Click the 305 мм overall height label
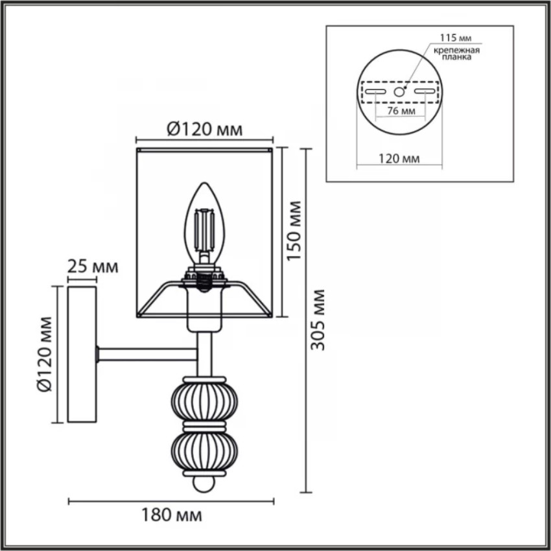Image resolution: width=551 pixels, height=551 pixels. tap(318, 320)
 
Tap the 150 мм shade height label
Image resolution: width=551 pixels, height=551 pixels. tap(294, 231)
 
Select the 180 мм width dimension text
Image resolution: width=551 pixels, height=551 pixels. tap(172, 515)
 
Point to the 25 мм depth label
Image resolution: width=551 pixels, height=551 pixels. tap(93, 266)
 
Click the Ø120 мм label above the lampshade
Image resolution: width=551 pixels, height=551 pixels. tap(204, 129)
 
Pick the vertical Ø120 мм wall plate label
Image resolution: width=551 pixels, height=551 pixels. tap(44, 354)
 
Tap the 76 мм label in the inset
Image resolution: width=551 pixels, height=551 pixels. tap(401, 111)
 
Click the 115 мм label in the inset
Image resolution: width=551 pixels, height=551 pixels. tap(456, 38)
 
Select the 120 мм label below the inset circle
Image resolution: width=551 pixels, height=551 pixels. tap(399, 159)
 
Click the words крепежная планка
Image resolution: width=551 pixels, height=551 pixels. tap(456, 53)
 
